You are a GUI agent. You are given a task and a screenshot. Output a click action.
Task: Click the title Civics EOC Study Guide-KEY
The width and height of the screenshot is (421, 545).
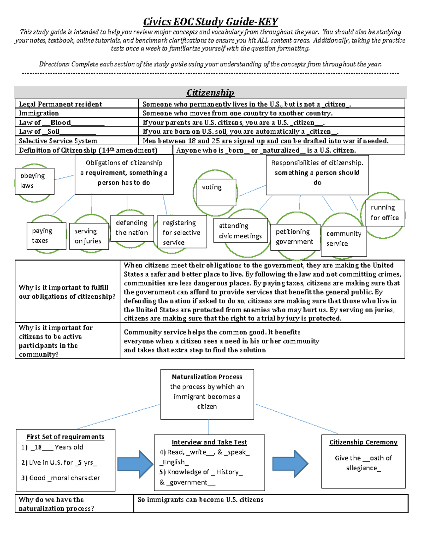click(x=210, y=22)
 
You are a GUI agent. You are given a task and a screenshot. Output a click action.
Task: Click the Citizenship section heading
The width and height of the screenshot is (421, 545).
click(x=210, y=93)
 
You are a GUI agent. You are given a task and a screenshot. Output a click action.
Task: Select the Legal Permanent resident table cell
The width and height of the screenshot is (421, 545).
click(x=60, y=104)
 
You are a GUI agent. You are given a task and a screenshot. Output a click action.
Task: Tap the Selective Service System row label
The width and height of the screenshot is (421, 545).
click(x=58, y=141)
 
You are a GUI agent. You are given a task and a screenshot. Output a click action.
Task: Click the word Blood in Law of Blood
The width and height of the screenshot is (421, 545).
click(x=60, y=122)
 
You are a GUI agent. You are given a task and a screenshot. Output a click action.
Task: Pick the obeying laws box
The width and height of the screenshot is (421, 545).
click(x=34, y=181)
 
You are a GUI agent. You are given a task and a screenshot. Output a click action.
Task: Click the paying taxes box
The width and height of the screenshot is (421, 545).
click(x=46, y=236)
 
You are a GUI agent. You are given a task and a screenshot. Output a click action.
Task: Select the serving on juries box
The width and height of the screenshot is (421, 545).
click(x=89, y=236)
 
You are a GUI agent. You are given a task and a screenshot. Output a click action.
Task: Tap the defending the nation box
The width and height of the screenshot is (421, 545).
click(x=132, y=228)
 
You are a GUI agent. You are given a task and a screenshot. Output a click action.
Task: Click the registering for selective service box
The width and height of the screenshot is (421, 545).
click(x=182, y=232)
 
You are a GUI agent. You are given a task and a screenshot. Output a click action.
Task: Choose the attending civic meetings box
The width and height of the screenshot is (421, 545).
click(x=241, y=231)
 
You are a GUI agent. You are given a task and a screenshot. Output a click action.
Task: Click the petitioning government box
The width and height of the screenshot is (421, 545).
click(x=295, y=237)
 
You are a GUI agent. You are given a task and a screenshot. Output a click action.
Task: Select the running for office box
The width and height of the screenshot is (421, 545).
click(x=385, y=213)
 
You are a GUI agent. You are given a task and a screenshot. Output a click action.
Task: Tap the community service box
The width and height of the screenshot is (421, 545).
click(x=344, y=239)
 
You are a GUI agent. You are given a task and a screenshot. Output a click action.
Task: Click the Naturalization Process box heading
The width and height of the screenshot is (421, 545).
click(x=207, y=377)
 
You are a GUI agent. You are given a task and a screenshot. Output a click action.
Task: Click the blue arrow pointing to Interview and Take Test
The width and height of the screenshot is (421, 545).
click(x=135, y=464)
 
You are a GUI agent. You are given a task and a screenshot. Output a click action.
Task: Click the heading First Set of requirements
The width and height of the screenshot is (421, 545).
click(x=66, y=437)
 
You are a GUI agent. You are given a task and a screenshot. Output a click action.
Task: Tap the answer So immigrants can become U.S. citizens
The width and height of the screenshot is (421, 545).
click(x=201, y=500)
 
